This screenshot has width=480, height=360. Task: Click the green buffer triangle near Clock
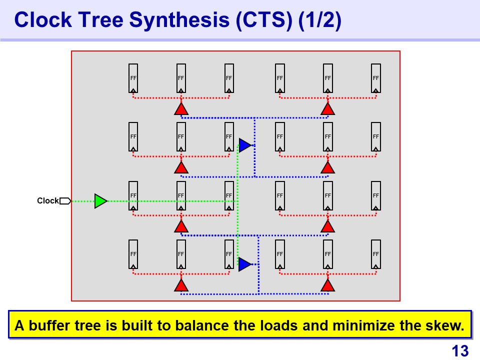[100, 201]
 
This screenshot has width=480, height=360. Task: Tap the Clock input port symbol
[65, 201]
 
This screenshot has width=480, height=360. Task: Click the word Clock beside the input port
[48, 201]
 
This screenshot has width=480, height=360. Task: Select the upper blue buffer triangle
[244, 145]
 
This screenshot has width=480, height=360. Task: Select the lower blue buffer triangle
[244, 264]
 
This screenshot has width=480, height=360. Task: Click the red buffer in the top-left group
[181, 109]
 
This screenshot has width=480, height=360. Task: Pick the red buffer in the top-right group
[327, 109]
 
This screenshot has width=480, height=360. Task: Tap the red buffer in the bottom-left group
[181, 285]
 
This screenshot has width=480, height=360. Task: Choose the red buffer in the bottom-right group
[327, 285]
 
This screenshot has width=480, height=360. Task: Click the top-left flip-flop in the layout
[133, 78]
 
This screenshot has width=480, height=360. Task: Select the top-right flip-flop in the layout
[376, 78]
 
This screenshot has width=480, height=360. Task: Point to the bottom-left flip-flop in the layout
[133, 254]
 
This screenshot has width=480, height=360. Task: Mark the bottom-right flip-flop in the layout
[376, 254]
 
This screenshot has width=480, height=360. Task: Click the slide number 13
[460, 351]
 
